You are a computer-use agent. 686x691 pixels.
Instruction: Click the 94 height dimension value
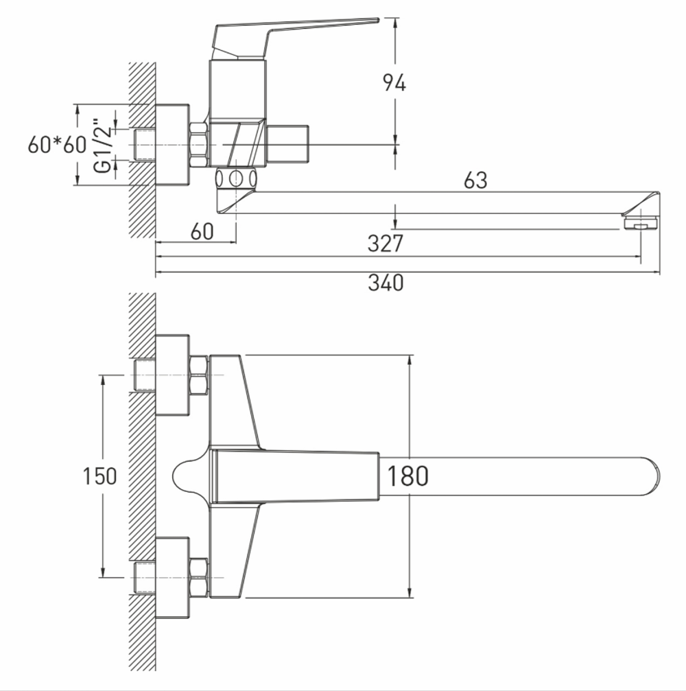(394, 83)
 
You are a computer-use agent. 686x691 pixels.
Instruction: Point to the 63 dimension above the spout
(475, 180)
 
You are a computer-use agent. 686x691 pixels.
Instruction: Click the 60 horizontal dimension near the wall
(202, 231)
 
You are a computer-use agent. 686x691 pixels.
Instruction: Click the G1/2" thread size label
(102, 145)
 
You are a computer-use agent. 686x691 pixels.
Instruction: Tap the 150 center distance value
(100, 476)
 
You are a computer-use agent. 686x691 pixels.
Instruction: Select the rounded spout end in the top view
(648, 476)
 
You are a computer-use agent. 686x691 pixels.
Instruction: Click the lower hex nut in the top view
(198, 577)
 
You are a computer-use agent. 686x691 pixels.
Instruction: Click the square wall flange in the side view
(172, 145)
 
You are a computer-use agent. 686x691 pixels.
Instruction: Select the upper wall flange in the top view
(172, 375)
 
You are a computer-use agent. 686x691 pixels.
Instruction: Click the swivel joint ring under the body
(236, 178)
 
